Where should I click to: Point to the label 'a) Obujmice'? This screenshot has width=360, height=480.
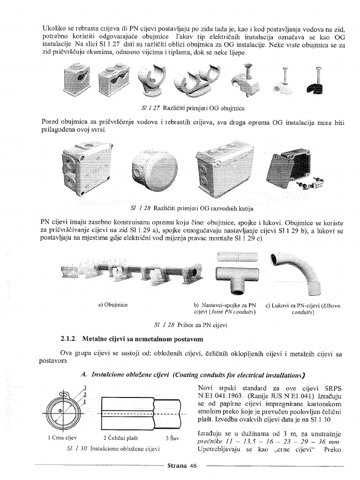(x=112, y=305)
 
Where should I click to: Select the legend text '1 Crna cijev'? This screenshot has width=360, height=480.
(x=62, y=438)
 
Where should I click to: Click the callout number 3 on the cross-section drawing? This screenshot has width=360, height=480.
(x=84, y=387)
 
